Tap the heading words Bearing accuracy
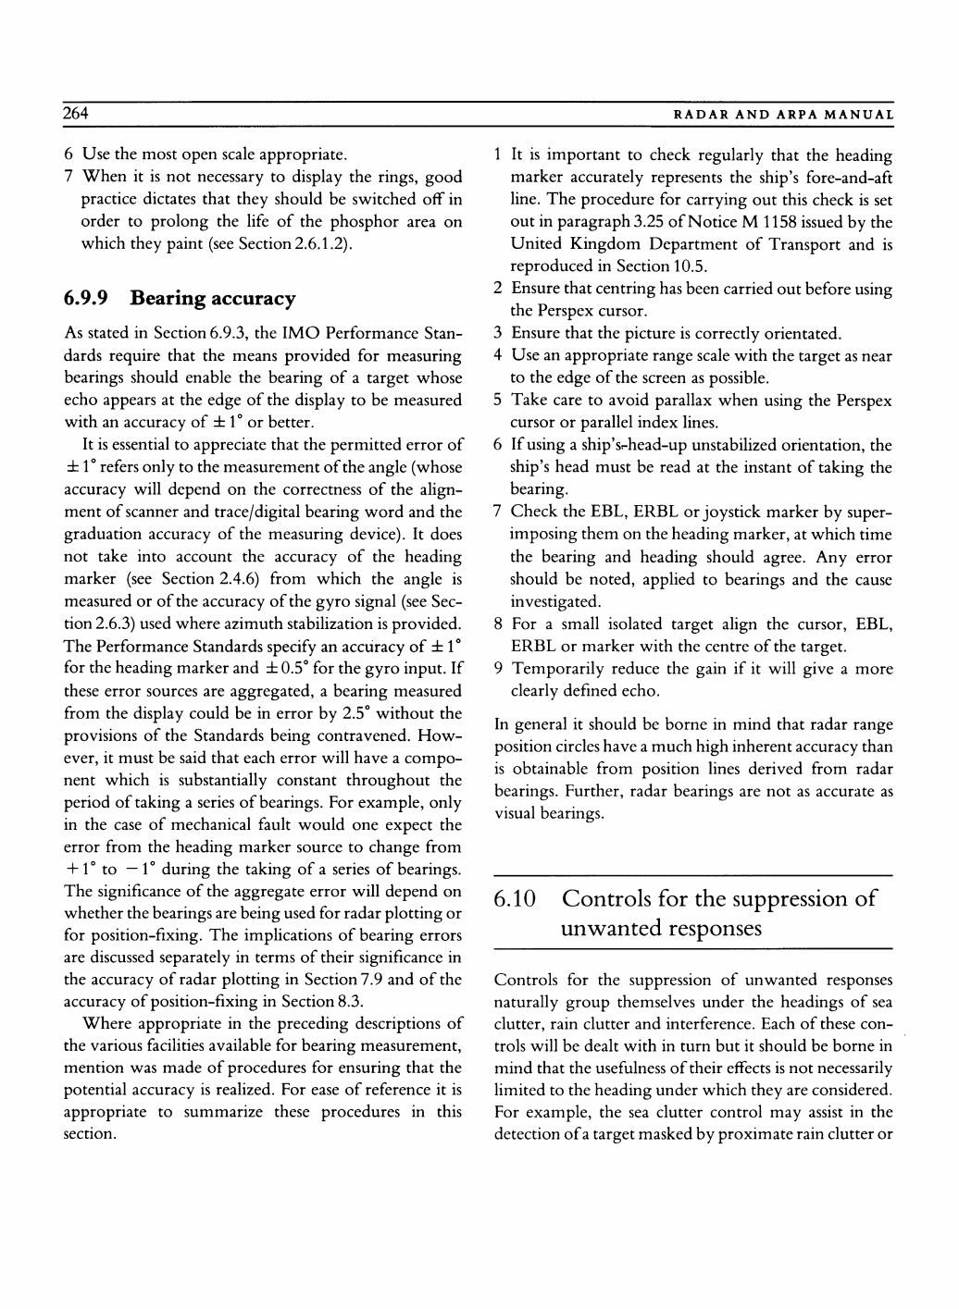[x=213, y=299]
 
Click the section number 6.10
[x=516, y=899]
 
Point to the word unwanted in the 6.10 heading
[x=607, y=928]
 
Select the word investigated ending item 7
[x=554, y=602]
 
